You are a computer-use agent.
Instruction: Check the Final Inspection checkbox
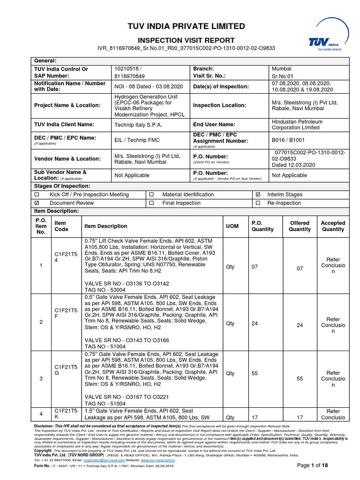[151, 203]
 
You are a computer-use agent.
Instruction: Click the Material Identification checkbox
[151, 195]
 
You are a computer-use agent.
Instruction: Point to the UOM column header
[232, 226]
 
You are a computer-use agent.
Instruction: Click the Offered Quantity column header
[300, 226]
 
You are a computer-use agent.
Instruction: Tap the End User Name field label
[214, 124]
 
